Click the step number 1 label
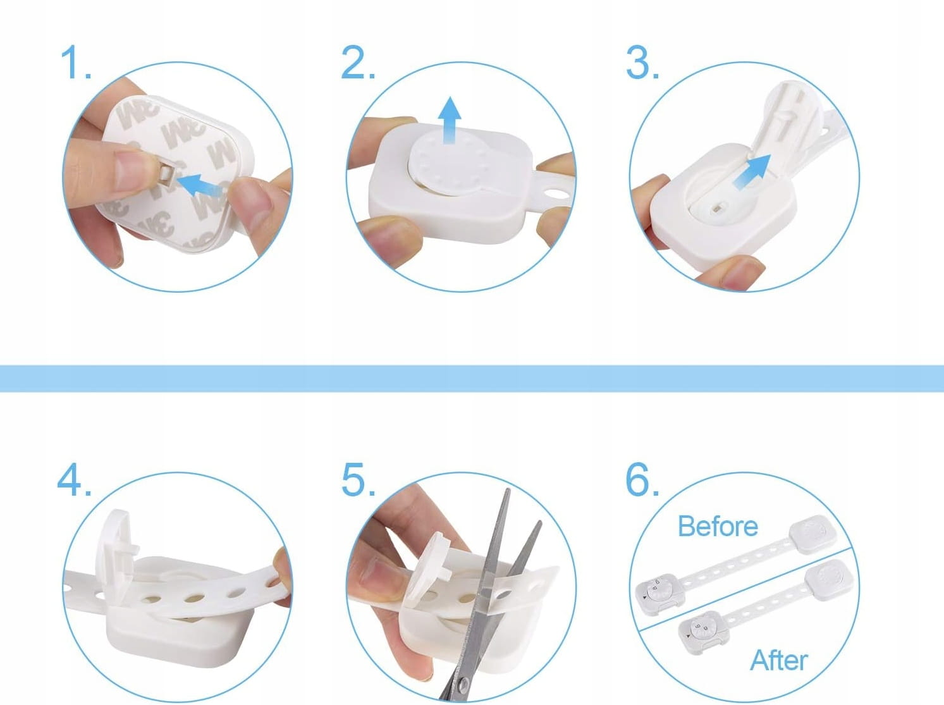76,63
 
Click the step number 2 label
358,63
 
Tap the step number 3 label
642,63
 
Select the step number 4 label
75,479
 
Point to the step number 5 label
359,479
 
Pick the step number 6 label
642,479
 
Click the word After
779,659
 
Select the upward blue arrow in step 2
450,120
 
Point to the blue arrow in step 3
751,172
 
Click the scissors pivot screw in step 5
462,684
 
